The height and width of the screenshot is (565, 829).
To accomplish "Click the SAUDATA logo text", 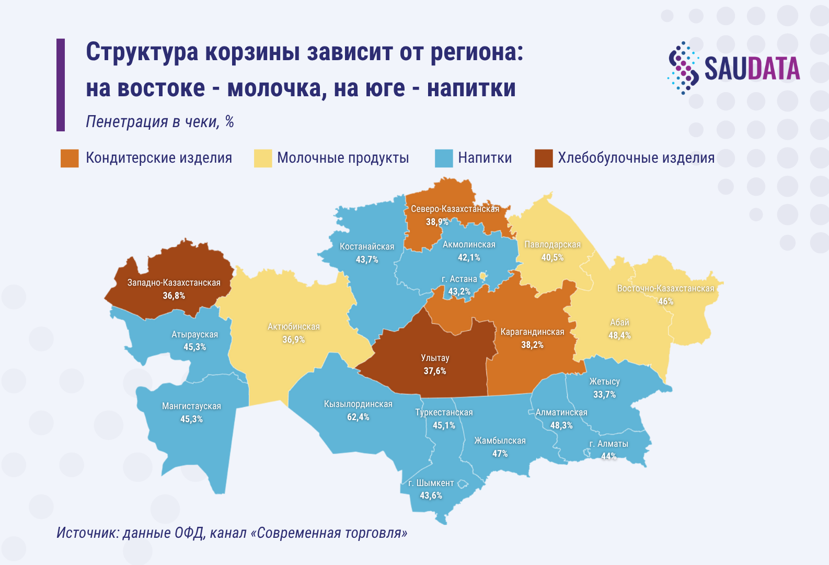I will pyautogui.click(x=752, y=69).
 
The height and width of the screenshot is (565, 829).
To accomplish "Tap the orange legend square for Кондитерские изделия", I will pyautogui.click(x=70, y=158).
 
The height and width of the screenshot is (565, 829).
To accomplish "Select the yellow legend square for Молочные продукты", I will pyautogui.click(x=263, y=158).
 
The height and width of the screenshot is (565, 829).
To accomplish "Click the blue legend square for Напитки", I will pyautogui.click(x=444, y=158).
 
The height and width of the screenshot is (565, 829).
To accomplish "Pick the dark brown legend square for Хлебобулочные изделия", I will pyautogui.click(x=544, y=158).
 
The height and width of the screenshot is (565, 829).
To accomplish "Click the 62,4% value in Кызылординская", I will pyautogui.click(x=358, y=417).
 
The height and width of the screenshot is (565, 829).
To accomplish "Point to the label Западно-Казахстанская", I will pyautogui.click(x=174, y=282).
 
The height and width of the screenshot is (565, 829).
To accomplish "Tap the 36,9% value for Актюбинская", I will pyautogui.click(x=293, y=340).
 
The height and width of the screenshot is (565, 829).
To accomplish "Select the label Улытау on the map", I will pyautogui.click(x=435, y=358).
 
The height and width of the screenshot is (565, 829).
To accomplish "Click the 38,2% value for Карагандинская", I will pyautogui.click(x=532, y=345).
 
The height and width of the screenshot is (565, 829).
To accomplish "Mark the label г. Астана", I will pyautogui.click(x=459, y=279).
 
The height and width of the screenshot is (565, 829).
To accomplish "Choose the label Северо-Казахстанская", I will pyautogui.click(x=455, y=209).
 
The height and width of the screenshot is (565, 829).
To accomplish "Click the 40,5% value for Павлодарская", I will pyautogui.click(x=552, y=257).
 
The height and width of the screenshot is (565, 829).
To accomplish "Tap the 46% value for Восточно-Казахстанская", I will pyautogui.click(x=665, y=301).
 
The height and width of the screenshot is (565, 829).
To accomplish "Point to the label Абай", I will pyautogui.click(x=619, y=322).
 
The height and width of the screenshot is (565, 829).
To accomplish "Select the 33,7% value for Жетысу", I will pyautogui.click(x=604, y=394).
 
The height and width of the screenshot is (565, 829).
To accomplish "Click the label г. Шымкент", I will pyautogui.click(x=431, y=483).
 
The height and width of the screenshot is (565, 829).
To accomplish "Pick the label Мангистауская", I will pyautogui.click(x=191, y=406).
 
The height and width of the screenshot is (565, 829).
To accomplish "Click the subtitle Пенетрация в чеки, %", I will pyautogui.click(x=160, y=122).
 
